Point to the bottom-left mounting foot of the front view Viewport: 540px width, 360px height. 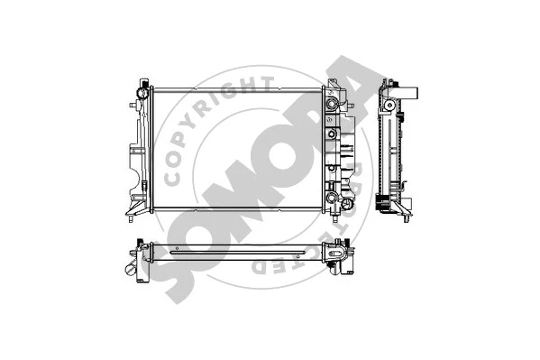click(133, 217)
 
